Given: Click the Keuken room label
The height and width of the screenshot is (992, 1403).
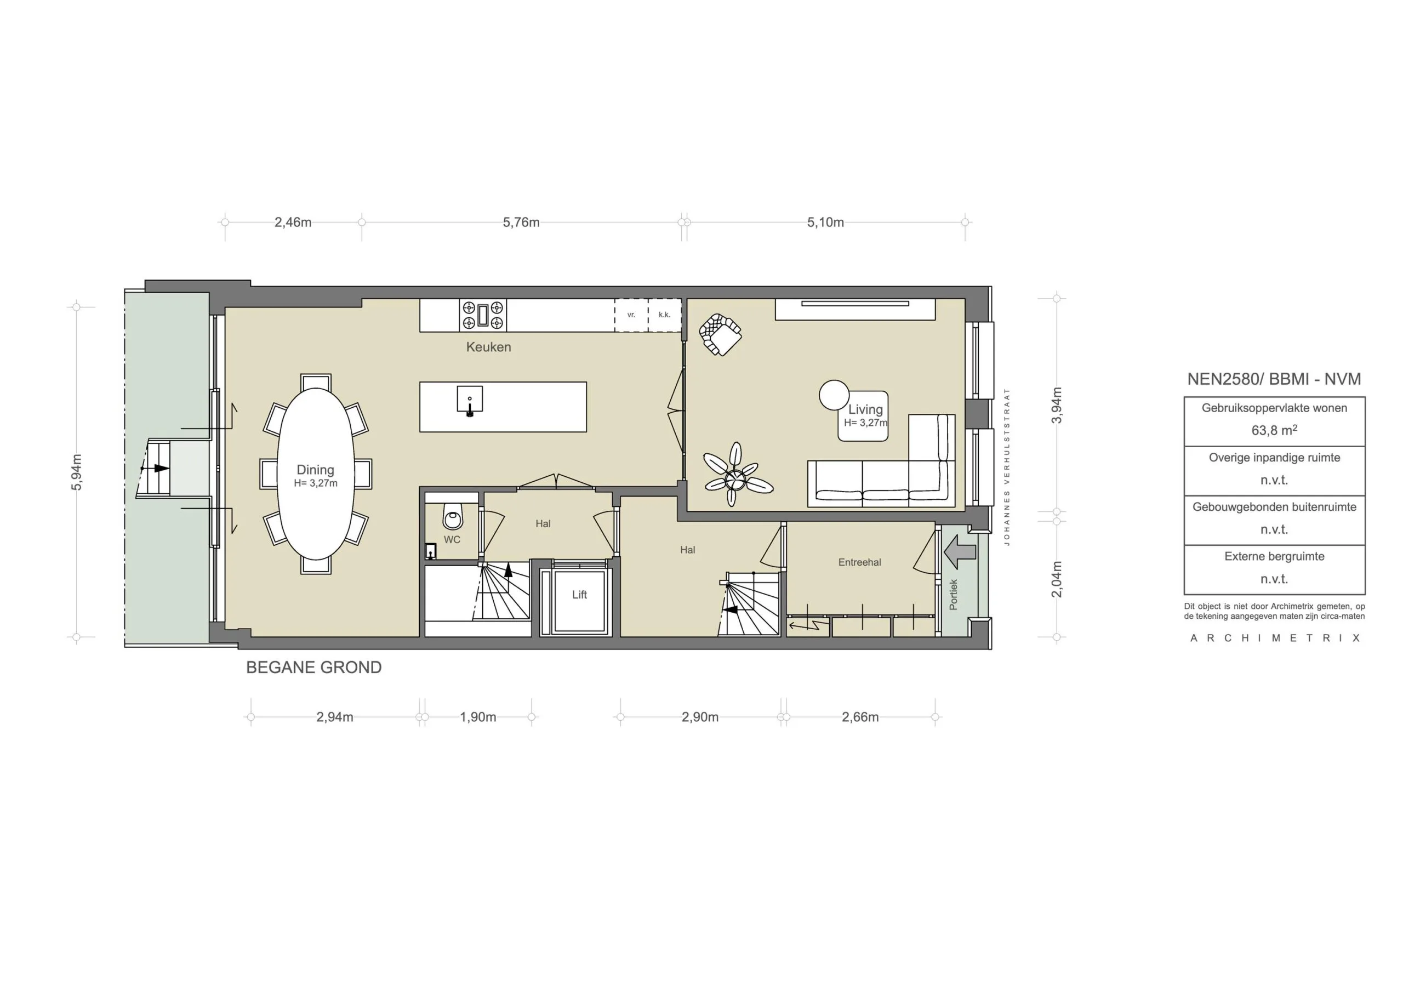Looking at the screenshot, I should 488,347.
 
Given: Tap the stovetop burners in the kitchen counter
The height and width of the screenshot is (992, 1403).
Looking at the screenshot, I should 483,315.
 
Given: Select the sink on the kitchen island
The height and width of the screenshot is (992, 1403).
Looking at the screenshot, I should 469,400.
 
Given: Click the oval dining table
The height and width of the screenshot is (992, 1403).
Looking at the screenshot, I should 315,474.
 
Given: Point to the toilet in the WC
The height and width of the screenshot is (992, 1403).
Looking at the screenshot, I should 453,517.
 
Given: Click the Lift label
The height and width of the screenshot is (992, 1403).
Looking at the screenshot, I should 579,595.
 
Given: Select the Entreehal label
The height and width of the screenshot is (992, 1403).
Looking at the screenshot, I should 859,562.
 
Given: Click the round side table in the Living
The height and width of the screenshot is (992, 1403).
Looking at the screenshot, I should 834,395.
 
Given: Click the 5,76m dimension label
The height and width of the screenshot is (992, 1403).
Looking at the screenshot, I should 521,223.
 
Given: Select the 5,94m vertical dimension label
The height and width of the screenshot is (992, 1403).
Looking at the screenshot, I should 77,472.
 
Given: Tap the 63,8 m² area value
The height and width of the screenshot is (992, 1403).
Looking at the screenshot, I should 1274,430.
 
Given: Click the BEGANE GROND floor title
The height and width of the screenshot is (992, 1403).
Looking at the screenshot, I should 313,668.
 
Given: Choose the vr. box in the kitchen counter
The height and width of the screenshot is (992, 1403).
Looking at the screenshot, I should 631,315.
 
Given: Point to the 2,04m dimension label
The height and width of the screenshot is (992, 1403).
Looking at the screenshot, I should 1058,579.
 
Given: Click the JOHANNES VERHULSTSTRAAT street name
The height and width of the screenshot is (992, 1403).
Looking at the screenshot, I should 1007,466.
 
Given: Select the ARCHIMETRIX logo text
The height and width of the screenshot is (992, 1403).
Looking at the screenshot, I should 1274,638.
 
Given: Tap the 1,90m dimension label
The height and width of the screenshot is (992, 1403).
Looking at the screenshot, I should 478,717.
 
